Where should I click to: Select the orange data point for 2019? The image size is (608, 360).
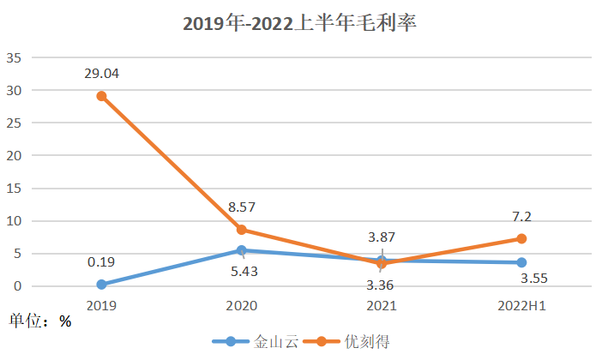(x=101, y=96)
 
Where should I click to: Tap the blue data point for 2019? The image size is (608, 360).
(x=101, y=285)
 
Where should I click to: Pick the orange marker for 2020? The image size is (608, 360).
(x=241, y=230)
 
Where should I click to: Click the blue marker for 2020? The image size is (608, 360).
(x=241, y=250)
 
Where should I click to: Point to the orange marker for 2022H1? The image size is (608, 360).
(x=521, y=238)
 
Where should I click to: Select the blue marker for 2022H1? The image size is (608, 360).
(x=521, y=262)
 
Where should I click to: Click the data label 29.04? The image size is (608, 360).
(x=101, y=74)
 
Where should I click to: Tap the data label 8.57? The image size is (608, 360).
(x=241, y=207)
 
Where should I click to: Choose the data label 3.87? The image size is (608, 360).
(x=381, y=237)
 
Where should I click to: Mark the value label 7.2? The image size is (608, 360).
(x=521, y=216)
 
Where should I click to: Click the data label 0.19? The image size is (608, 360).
(x=101, y=261)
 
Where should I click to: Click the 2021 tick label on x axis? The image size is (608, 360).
(x=381, y=304)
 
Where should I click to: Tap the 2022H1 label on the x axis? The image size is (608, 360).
(x=521, y=304)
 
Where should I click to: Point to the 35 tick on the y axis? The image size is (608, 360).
(x=15, y=57)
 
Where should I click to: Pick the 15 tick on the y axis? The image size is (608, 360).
(x=15, y=189)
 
